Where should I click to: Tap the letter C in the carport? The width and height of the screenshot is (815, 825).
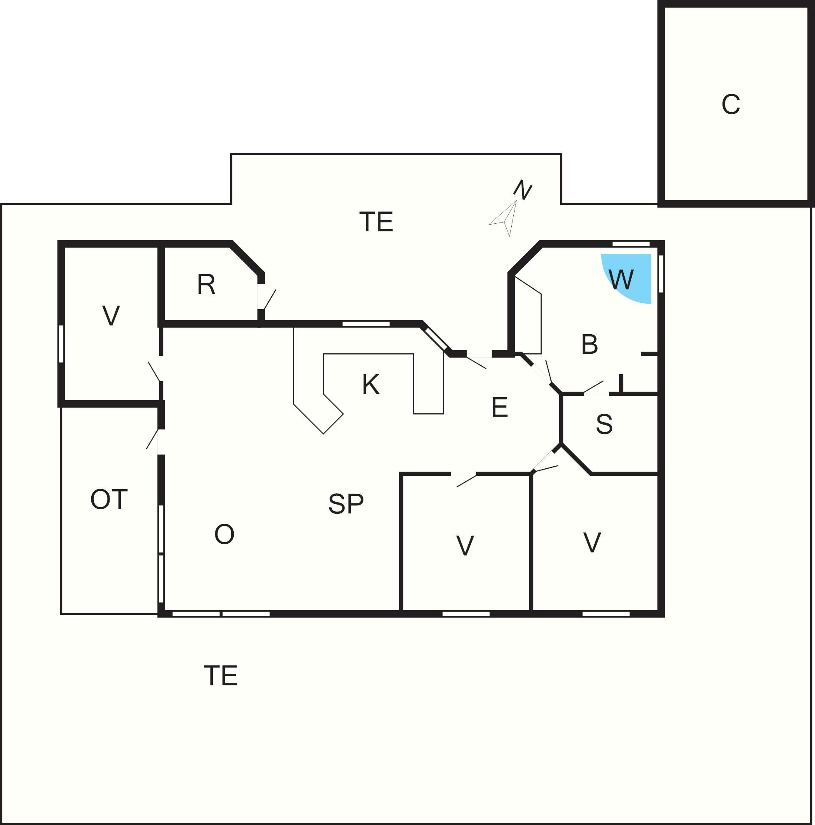tap(730, 104)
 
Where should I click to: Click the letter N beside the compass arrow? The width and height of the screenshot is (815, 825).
tap(522, 190)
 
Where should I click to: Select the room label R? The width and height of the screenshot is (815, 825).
tap(206, 285)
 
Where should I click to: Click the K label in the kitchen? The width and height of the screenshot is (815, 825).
tap(370, 384)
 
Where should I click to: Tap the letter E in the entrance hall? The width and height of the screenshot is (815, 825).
tap(500, 407)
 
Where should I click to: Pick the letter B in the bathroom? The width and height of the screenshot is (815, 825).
tap(590, 344)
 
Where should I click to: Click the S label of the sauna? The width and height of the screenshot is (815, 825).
tap(604, 424)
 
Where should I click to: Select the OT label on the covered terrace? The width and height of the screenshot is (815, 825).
tap(109, 499)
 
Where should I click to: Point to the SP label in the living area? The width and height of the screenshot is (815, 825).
tap(346, 503)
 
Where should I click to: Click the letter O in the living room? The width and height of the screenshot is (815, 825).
tap(225, 534)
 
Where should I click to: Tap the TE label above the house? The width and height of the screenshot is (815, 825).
tap(376, 222)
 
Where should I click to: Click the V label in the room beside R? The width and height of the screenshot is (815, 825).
tap(111, 315)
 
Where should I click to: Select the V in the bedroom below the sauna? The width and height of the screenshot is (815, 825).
tap(592, 542)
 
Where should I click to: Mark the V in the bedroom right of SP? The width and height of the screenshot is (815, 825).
tap(465, 545)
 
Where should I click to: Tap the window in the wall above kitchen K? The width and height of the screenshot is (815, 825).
tap(366, 324)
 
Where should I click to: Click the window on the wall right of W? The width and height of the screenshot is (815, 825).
tap(660, 274)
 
